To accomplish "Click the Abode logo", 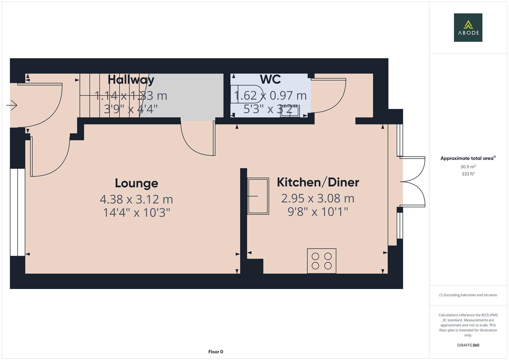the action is click(x=468, y=27).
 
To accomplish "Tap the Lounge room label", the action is click(x=137, y=183).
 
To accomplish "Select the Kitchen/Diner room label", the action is click(x=318, y=182).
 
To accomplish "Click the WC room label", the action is click(x=270, y=79).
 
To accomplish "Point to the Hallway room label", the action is click(x=131, y=80).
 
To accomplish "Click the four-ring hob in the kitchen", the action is click(x=322, y=261).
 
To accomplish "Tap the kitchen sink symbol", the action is click(x=258, y=196).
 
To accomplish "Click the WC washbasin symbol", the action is click(x=290, y=111).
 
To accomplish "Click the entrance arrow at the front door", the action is click(x=12, y=105).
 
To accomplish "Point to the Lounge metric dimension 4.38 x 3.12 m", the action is click(x=137, y=199).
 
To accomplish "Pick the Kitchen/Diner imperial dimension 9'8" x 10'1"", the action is click(x=318, y=212).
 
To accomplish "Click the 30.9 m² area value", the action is click(x=468, y=167).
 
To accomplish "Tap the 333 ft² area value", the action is click(x=468, y=174).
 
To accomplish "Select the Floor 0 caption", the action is click(x=216, y=352).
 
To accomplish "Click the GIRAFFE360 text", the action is click(x=468, y=345).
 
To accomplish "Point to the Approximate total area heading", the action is click(x=468, y=158).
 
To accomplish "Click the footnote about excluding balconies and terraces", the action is click(x=468, y=295).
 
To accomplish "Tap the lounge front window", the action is click(x=17, y=212).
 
